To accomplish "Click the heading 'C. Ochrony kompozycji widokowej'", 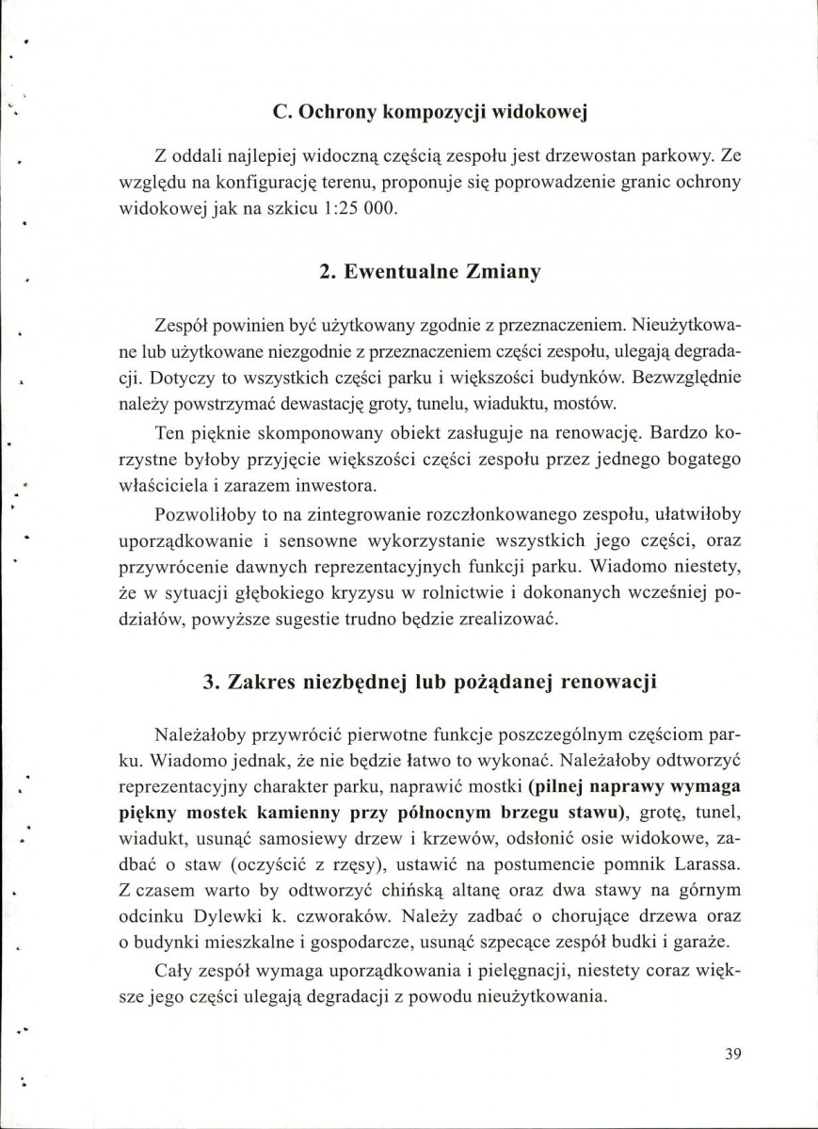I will (x=429, y=113).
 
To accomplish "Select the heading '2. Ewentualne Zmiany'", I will (x=429, y=272).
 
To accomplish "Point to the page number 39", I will (x=734, y=1054).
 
